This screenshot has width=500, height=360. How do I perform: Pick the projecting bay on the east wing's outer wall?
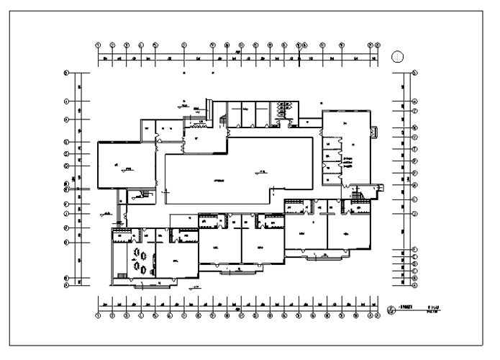tap(373, 132)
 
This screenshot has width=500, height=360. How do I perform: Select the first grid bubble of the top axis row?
tap(99, 45)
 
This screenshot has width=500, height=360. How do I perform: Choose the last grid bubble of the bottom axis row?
tap(377, 315)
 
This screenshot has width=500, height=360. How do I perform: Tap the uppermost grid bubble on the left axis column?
tap(66, 73)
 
